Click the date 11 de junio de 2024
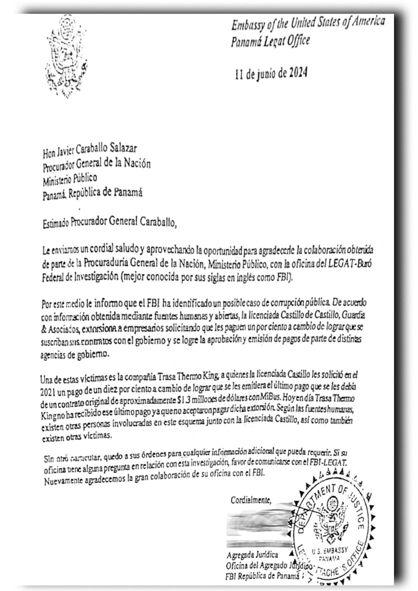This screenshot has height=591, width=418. coord(271,74)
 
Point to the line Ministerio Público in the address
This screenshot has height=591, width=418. coord(70,179)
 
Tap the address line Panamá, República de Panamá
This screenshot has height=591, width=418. coord(92,194)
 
